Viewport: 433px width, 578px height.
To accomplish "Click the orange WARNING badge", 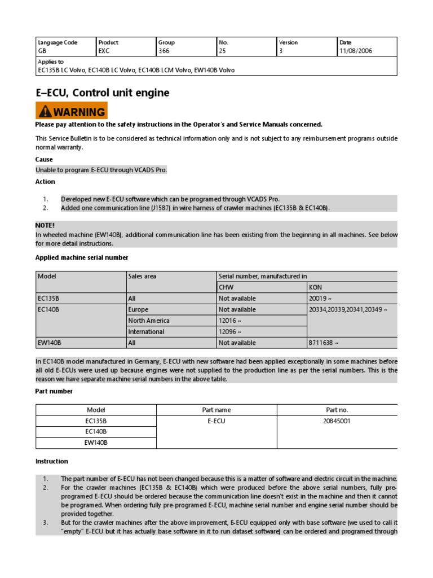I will (71, 111).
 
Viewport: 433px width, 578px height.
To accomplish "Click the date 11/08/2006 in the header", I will (356, 51).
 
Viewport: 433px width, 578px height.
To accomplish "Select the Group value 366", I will (164, 51).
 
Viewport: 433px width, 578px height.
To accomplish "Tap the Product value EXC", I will (104, 51).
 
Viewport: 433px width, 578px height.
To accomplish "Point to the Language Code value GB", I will (42, 51).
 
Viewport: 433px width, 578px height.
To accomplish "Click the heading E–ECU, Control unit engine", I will (102, 93).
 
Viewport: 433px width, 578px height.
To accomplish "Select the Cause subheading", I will (44, 160).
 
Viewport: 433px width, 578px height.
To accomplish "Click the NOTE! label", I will (45, 225).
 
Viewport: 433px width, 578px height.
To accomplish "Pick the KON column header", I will (316, 287).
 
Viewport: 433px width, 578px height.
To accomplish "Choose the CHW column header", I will (226, 287).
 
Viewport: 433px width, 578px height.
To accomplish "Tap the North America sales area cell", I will (149, 321).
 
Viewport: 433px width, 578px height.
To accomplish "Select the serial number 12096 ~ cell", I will (231, 332).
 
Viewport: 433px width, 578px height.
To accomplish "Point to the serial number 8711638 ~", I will (324, 343).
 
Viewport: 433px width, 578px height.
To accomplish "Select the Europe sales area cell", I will (138, 309).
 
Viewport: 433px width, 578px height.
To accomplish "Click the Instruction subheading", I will (52, 461).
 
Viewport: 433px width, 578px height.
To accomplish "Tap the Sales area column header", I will (142, 276).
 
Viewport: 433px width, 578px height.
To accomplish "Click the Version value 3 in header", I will (280, 51).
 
